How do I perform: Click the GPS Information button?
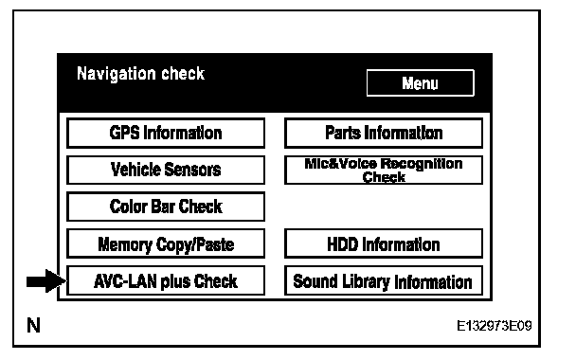click(166, 133)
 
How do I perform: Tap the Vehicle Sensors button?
click(166, 170)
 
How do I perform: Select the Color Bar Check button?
click(166, 207)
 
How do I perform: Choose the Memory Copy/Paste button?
click(166, 243)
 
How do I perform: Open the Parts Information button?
click(384, 133)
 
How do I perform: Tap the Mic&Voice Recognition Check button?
click(384, 170)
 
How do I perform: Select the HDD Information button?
click(384, 243)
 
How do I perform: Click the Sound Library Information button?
click(384, 280)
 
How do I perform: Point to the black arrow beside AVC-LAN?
click(46, 281)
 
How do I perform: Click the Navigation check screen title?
click(141, 74)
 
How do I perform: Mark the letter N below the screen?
click(33, 325)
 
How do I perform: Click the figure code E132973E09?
click(495, 326)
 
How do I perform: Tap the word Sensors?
click(192, 170)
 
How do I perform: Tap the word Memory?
click(125, 245)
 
